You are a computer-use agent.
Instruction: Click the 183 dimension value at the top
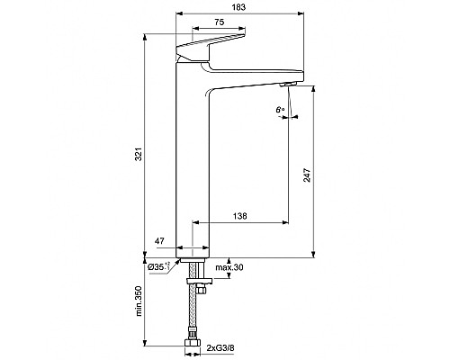(237, 7)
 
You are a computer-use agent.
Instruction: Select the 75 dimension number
(220, 23)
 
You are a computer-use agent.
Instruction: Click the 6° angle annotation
(281, 111)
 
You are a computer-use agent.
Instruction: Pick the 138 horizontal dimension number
(240, 216)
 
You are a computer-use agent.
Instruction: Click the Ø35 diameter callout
(159, 267)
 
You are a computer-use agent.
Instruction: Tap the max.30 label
(229, 267)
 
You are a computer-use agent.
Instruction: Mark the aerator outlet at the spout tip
(289, 84)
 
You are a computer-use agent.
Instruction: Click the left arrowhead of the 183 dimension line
(177, 14)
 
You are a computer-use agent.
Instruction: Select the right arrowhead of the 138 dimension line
(286, 223)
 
